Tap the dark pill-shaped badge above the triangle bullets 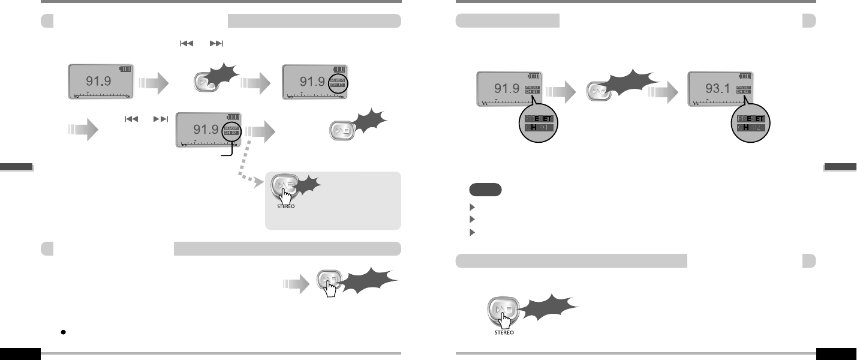click(x=485, y=190)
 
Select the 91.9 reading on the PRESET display click(x=506, y=89)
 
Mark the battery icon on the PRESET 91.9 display click(x=534, y=76)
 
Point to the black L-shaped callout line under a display click(x=225, y=154)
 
